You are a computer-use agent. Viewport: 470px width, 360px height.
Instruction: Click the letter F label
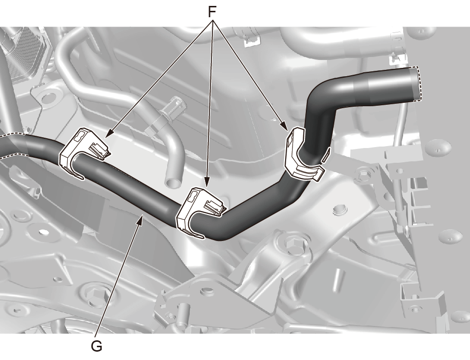coord(212,12)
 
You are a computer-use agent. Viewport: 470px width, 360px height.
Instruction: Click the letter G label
coord(96,347)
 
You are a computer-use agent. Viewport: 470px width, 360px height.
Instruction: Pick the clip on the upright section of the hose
coord(303,154)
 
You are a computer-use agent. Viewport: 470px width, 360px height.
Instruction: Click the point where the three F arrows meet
coord(213,20)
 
